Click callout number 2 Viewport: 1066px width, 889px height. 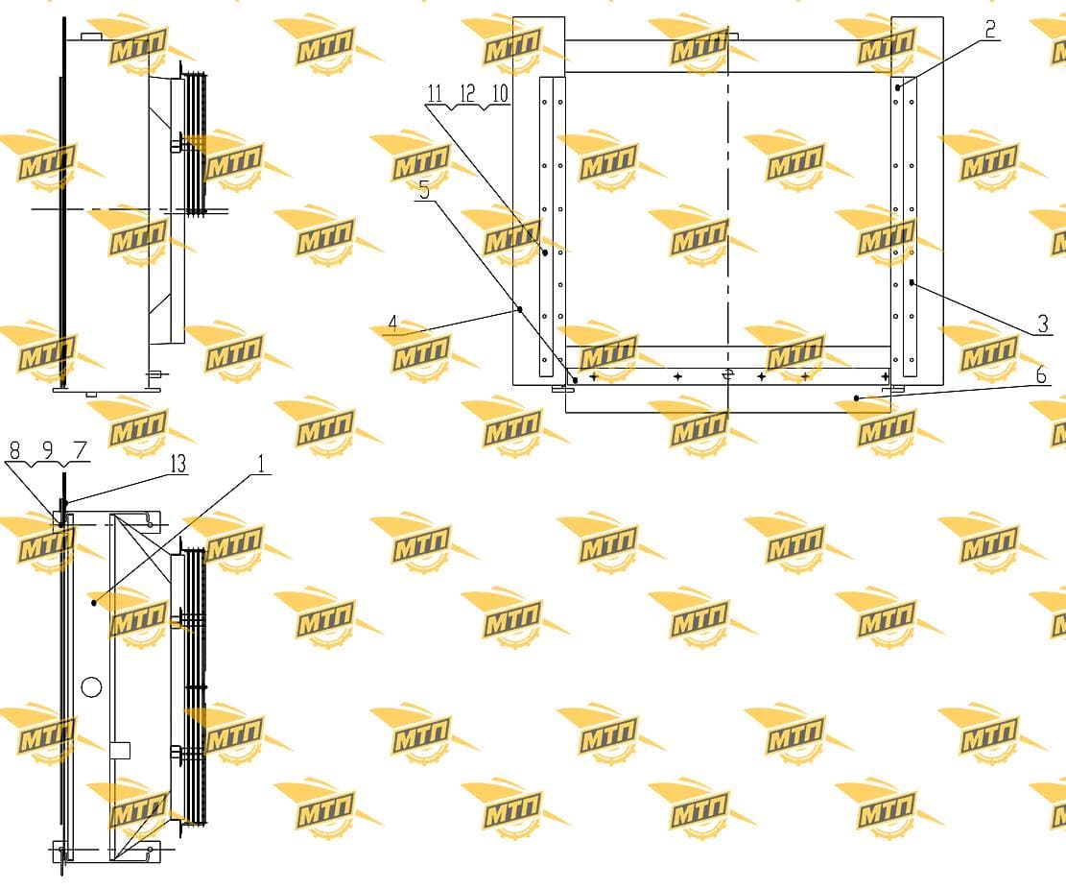click(x=990, y=29)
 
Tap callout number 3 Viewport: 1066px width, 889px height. click(x=1044, y=324)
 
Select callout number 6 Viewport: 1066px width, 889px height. click(x=1041, y=374)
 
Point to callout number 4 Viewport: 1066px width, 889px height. click(x=392, y=324)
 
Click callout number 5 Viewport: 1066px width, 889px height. click(x=424, y=190)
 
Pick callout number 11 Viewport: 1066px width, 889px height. click(x=435, y=93)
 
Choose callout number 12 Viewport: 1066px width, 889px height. click(x=467, y=93)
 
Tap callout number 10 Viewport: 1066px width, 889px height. click(x=500, y=93)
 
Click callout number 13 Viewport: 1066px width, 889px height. click(x=178, y=464)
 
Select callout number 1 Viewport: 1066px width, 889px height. click(x=261, y=464)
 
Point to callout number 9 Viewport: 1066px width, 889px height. click(x=48, y=449)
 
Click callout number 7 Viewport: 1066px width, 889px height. click(x=81, y=449)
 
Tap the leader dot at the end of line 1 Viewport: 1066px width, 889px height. click(x=94, y=603)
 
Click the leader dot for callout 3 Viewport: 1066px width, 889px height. click(x=912, y=281)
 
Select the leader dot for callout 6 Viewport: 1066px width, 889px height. click(x=857, y=397)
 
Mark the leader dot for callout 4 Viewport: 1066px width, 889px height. click(x=520, y=309)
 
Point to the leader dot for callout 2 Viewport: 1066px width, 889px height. click(x=898, y=87)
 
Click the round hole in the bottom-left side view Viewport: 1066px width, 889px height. click(x=91, y=687)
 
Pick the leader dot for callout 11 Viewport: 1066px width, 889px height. click(x=545, y=252)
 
